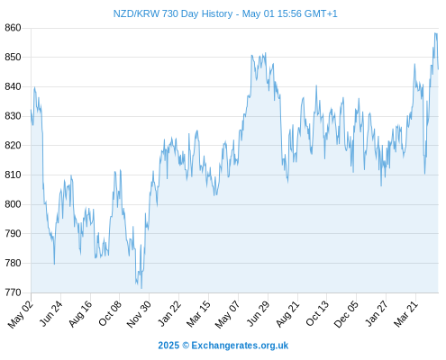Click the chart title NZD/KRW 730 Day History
[173, 13]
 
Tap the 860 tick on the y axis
[13, 28]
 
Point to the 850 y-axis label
[13, 58]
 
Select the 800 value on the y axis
[13, 204]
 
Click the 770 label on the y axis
[13, 292]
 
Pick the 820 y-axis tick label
[13, 146]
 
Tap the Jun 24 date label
[51, 313]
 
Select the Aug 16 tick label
[80, 313]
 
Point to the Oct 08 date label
[110, 313]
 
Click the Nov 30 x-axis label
[139, 314]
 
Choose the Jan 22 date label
[169, 313]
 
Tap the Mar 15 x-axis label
[198, 314]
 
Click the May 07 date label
[227, 314]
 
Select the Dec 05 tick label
[346, 314]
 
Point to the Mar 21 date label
[405, 314]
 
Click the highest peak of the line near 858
[435, 33]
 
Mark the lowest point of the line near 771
[141, 289]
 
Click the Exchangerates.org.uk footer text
[240, 346]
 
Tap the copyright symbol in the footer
[186, 346]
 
